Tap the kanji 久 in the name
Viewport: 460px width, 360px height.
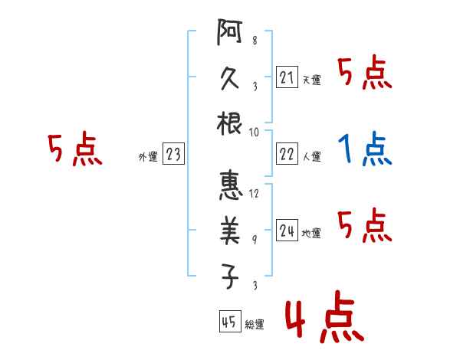[x=230, y=80]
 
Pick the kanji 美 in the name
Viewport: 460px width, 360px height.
[x=230, y=231]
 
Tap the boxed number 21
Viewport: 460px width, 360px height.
[x=287, y=78]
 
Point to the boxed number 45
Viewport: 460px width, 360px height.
[x=228, y=322]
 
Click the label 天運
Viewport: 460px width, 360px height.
[x=311, y=80]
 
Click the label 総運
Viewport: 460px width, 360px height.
[x=254, y=324]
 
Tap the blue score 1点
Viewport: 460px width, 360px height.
[x=364, y=150]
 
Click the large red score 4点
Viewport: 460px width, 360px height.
[x=323, y=319]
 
